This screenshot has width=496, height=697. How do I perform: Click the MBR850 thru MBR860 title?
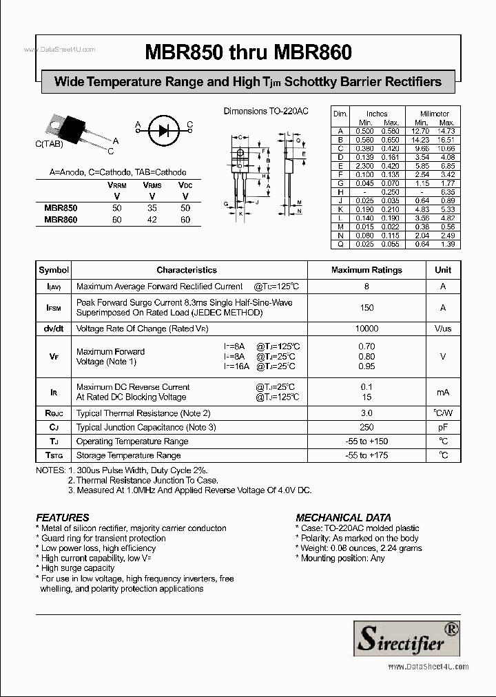tap(248, 52)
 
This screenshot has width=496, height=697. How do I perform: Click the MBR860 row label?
tap(61, 220)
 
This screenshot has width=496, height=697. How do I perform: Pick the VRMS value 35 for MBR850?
tap(152, 207)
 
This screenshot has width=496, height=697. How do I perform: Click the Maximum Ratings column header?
tap(366, 270)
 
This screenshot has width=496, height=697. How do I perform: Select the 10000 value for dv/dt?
tap(366, 329)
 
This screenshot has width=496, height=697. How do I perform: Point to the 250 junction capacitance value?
tap(366, 427)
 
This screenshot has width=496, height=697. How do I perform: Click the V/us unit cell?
tap(443, 329)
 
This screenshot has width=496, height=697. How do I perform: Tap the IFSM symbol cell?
tap(54, 308)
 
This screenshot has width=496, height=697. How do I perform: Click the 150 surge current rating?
tap(366, 308)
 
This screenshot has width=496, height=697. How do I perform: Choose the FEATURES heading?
tap(62, 517)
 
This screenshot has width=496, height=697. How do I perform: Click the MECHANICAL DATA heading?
tap(343, 517)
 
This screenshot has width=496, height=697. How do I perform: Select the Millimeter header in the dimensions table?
tap(435, 114)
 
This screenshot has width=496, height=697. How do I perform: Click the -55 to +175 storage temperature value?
tap(366, 455)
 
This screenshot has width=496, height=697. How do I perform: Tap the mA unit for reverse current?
tap(443, 392)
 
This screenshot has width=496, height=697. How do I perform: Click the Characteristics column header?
tap(186, 270)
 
